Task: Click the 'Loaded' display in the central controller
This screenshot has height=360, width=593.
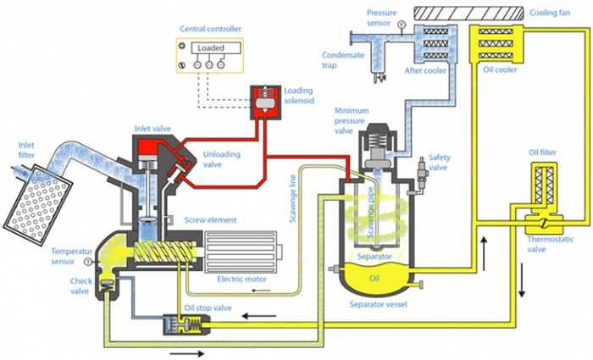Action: point(211,48)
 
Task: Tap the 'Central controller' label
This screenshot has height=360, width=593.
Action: point(209,28)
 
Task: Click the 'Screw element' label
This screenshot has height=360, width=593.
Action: point(211,220)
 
